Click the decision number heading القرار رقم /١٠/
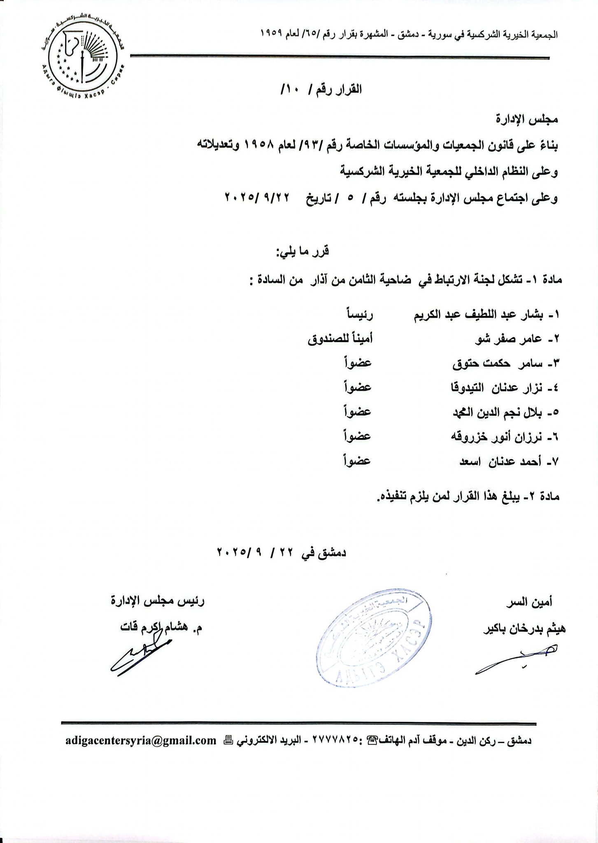click(x=321, y=89)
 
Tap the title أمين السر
click(x=529, y=602)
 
